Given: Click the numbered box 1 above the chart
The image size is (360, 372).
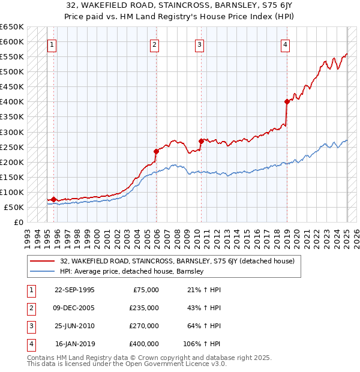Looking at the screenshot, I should pos(52,44).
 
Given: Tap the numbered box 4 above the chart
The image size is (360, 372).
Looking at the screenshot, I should pos(286,44).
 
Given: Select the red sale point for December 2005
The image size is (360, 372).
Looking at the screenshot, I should pos(156,151).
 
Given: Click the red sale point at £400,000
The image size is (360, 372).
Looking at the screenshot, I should pos(287,101).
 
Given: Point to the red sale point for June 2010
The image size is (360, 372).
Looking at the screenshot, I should pos(201,140).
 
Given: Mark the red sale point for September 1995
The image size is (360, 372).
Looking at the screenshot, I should pos(53,199).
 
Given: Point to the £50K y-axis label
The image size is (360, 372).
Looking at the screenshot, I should pos(14,207).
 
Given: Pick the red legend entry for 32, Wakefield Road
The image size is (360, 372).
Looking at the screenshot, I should pos(177,261).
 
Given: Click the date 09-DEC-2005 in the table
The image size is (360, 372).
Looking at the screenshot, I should pos(74,307).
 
